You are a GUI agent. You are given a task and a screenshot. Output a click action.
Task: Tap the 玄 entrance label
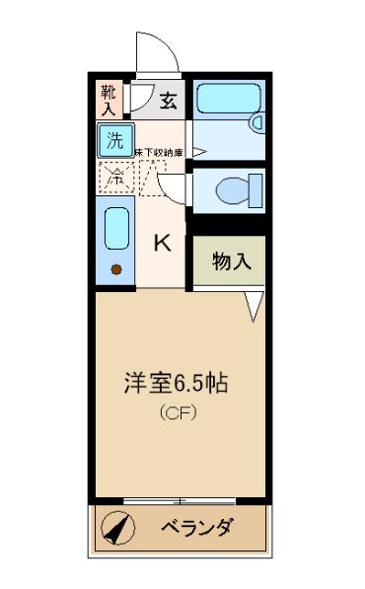[169, 99]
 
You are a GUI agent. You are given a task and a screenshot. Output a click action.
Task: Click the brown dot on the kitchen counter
[116, 269]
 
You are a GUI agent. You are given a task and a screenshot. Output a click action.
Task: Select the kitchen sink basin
[117, 231]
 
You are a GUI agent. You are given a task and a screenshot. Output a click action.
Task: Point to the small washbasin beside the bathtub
[257, 122]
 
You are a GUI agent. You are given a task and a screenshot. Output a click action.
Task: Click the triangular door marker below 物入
[254, 306]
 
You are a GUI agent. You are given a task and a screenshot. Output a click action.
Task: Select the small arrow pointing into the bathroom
[198, 152]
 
